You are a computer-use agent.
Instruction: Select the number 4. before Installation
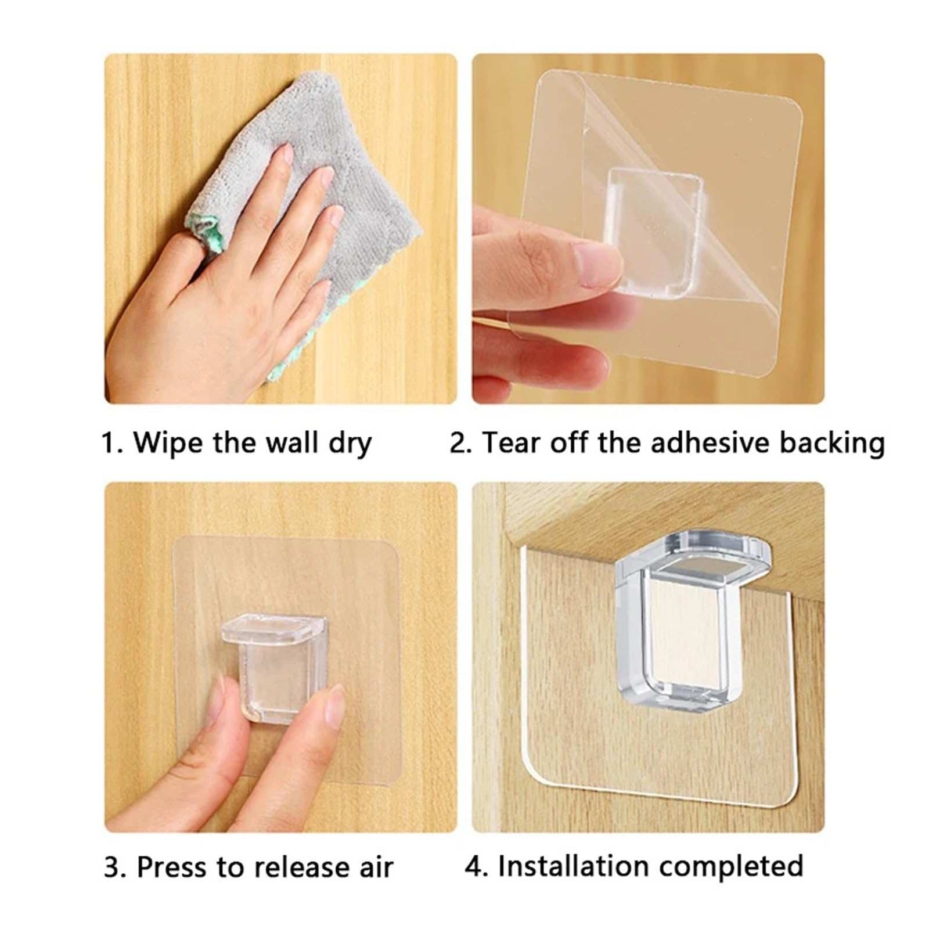(x=477, y=866)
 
